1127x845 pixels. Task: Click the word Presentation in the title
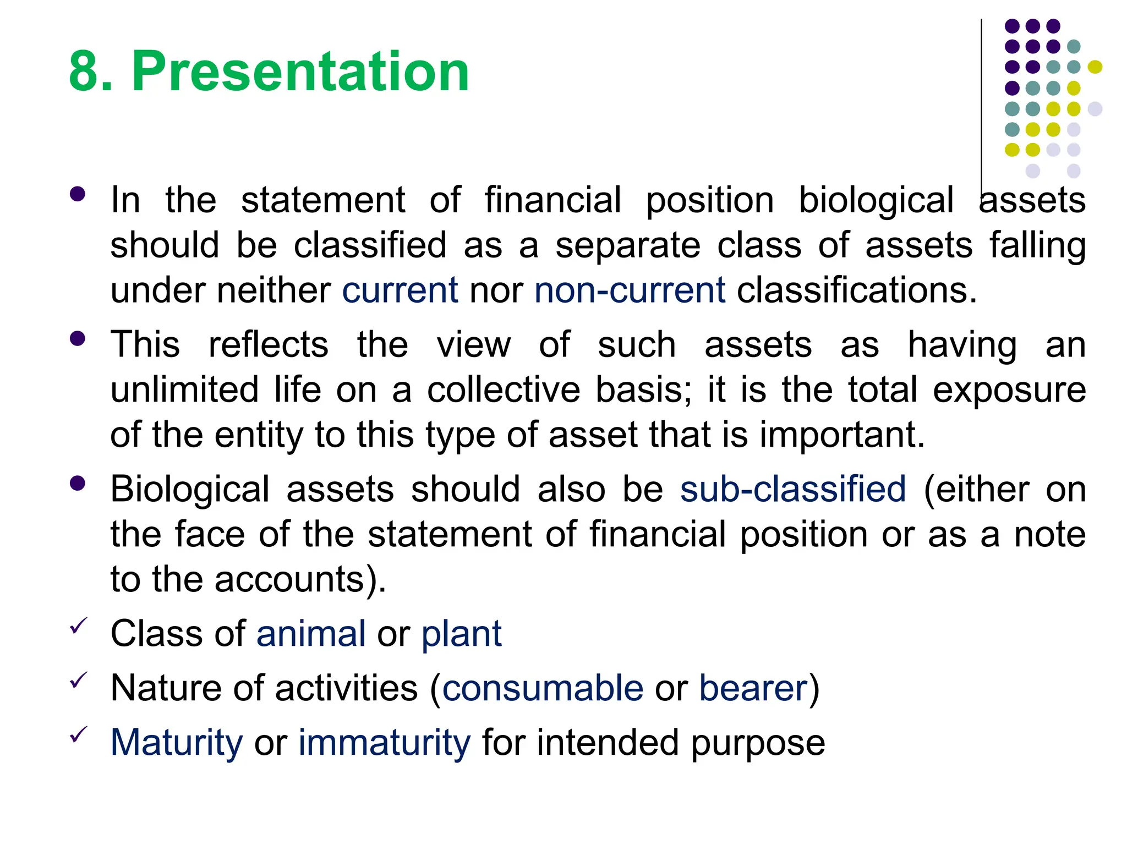(x=300, y=72)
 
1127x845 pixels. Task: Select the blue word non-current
(x=630, y=290)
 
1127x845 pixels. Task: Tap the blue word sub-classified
(x=792, y=489)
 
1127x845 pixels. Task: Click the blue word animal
(x=311, y=633)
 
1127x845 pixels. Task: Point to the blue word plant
(x=461, y=634)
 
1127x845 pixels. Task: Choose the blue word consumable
(x=543, y=688)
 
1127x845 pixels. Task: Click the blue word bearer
(x=753, y=688)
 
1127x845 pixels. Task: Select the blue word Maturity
(x=177, y=743)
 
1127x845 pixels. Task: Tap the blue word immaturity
(x=384, y=743)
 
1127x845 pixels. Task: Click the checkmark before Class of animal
(x=79, y=625)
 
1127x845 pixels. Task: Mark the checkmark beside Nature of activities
(x=79, y=680)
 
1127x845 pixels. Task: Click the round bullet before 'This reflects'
(x=78, y=338)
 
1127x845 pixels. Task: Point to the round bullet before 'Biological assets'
(x=78, y=483)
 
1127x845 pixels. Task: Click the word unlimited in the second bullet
(x=184, y=389)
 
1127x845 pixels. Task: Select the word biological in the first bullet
(x=876, y=201)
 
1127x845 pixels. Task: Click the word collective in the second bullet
(x=504, y=389)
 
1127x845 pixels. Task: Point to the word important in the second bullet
(x=842, y=435)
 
